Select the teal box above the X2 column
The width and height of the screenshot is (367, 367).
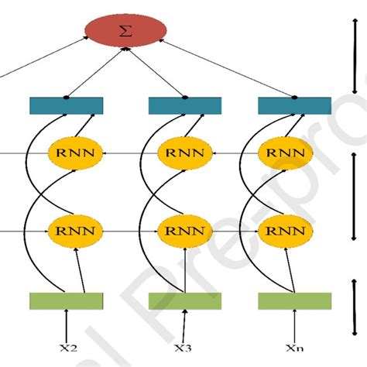point(66,105)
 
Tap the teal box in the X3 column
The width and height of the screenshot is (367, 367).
point(184,105)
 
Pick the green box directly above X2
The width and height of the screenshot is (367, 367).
point(66,300)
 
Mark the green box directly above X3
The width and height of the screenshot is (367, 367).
point(184,300)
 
